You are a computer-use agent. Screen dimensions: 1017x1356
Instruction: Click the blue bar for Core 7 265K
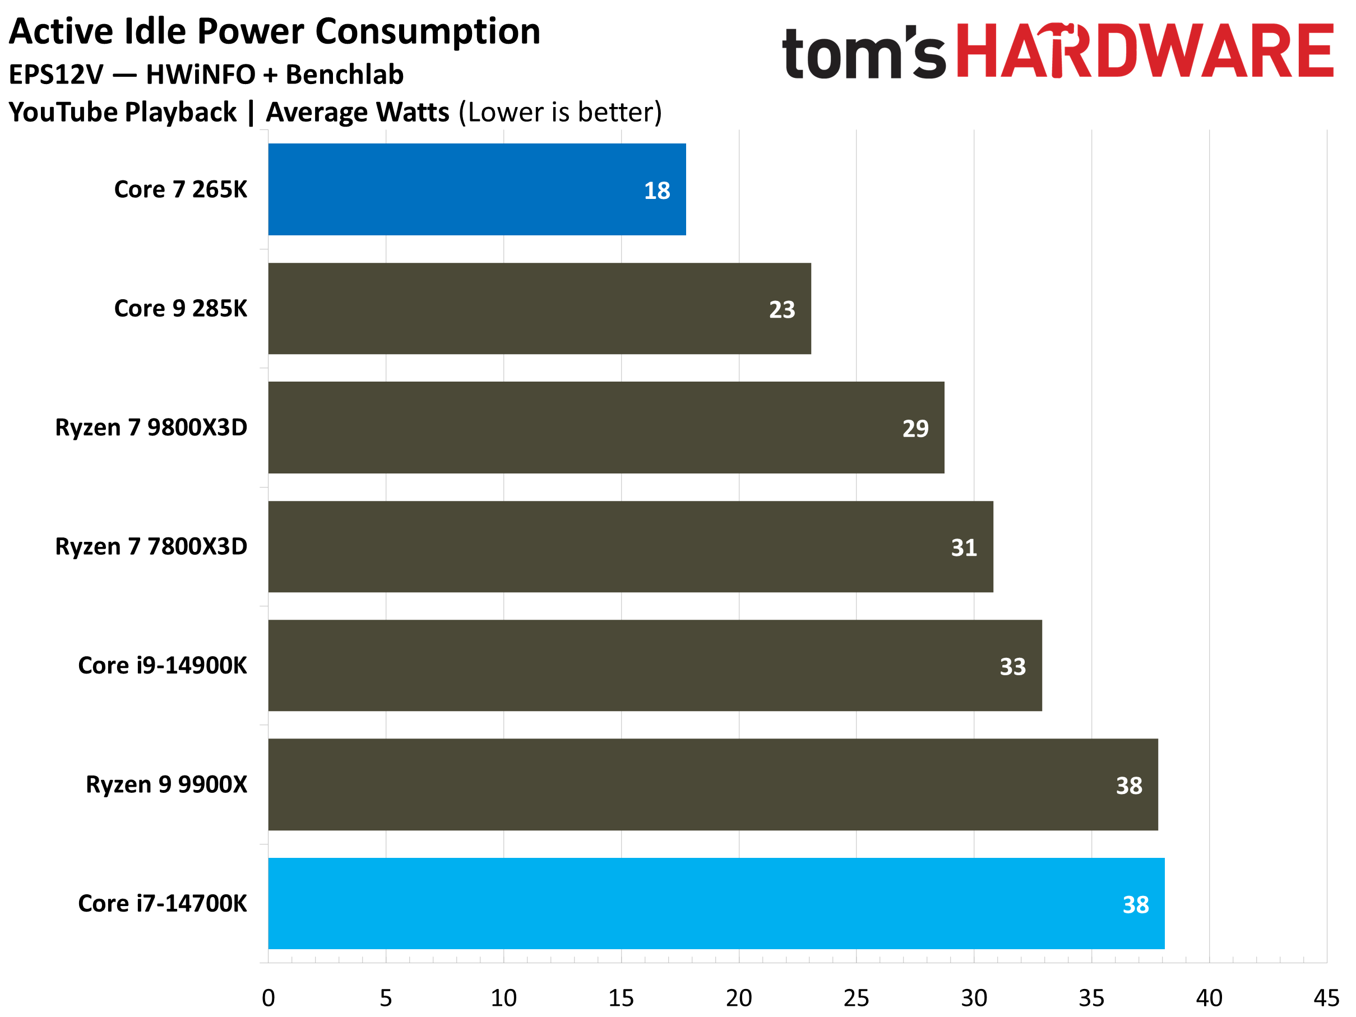tap(477, 189)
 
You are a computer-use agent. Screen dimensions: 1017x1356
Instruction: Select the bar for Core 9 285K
tap(539, 309)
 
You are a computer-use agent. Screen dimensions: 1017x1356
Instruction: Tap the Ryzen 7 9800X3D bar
tap(605, 428)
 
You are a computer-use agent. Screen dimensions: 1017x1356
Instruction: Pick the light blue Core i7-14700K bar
tap(716, 904)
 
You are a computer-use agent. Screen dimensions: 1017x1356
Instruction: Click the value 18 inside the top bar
tap(656, 191)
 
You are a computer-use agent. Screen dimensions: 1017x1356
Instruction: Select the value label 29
tap(915, 428)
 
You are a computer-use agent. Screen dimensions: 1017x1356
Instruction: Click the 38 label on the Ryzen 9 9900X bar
tap(1128, 786)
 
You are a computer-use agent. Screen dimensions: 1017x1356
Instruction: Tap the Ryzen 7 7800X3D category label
tap(151, 546)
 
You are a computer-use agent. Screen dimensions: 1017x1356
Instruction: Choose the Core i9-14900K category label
tap(163, 665)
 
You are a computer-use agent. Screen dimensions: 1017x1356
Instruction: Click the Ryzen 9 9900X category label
tap(166, 784)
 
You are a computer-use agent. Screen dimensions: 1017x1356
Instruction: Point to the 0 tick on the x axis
tap(269, 998)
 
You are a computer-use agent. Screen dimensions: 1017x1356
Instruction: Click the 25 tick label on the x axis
tap(856, 998)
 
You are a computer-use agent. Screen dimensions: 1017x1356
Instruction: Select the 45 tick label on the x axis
tap(1326, 998)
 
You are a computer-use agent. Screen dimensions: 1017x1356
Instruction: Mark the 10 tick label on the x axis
tap(503, 998)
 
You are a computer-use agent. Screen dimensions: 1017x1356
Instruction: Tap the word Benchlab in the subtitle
tap(345, 75)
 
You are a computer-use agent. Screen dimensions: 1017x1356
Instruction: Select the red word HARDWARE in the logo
tap(1144, 52)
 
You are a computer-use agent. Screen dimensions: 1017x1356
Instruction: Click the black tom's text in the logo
tap(864, 54)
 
